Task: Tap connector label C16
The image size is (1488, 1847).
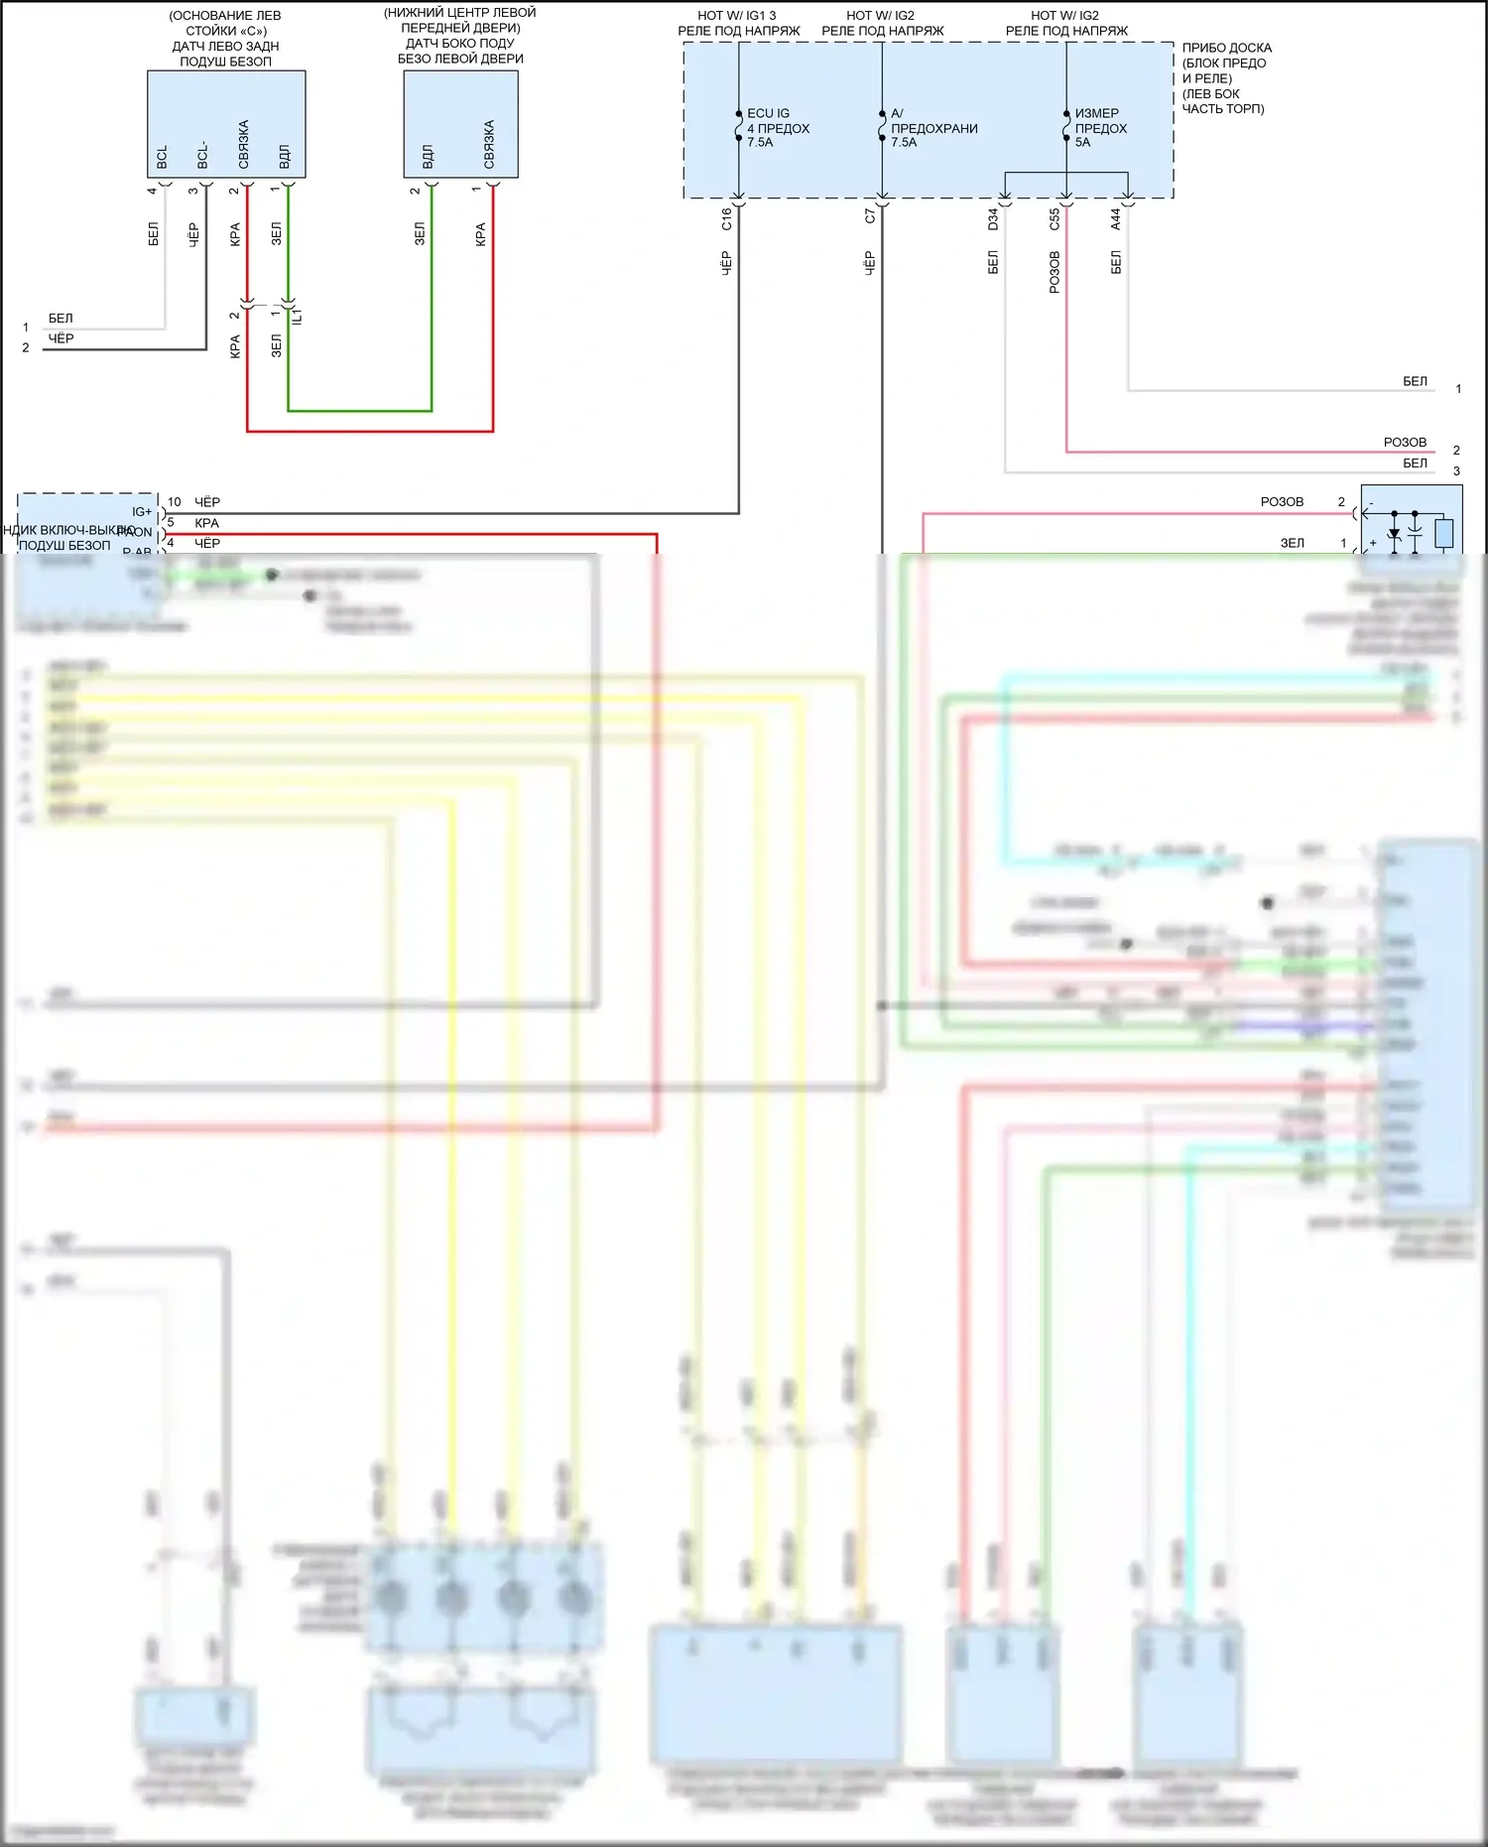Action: pos(726,218)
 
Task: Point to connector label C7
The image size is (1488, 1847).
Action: pos(869,215)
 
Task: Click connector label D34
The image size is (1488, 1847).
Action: pos(993,218)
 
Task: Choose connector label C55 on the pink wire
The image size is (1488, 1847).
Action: pos(1054,218)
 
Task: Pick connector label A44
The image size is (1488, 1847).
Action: pos(1116,218)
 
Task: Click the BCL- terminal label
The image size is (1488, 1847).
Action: pos(202,155)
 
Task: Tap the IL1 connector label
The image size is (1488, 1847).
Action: pos(297,316)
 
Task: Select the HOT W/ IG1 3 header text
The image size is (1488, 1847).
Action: pos(737,16)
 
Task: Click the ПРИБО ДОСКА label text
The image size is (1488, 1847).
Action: pos(1226,48)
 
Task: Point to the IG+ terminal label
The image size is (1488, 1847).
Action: pos(142,512)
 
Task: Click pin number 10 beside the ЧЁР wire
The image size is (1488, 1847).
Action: pos(175,502)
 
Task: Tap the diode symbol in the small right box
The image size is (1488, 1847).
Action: pos(1394,535)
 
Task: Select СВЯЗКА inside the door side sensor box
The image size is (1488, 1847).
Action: pos(489,144)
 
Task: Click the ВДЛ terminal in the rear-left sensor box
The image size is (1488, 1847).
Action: pos(285,156)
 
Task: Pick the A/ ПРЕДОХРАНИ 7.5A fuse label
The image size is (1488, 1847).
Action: pos(932,128)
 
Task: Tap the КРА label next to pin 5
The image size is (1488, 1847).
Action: pos(206,523)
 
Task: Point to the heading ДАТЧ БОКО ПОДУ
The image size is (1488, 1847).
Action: pos(459,44)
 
